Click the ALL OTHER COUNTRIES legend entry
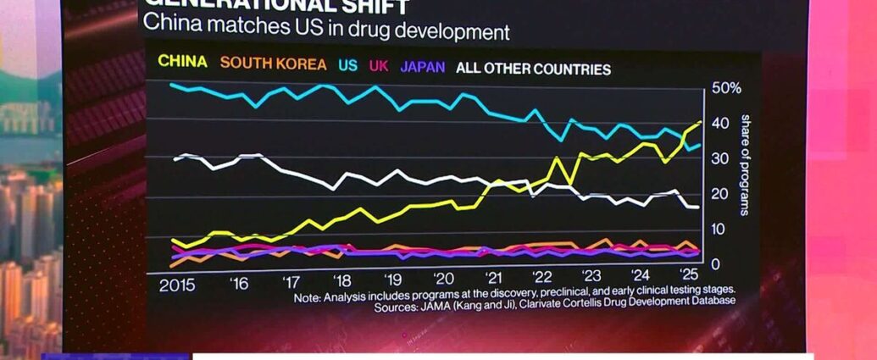coord(533,69)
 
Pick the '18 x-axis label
coord(342,281)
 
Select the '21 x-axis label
coord(493,280)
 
